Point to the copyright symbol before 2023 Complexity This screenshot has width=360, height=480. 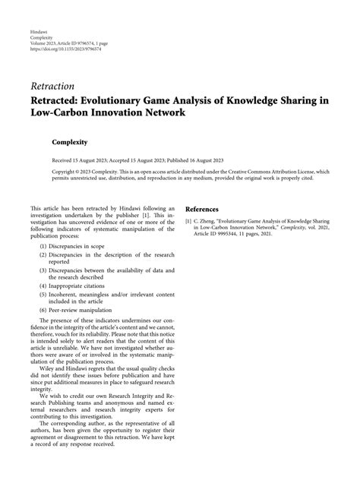81,173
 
